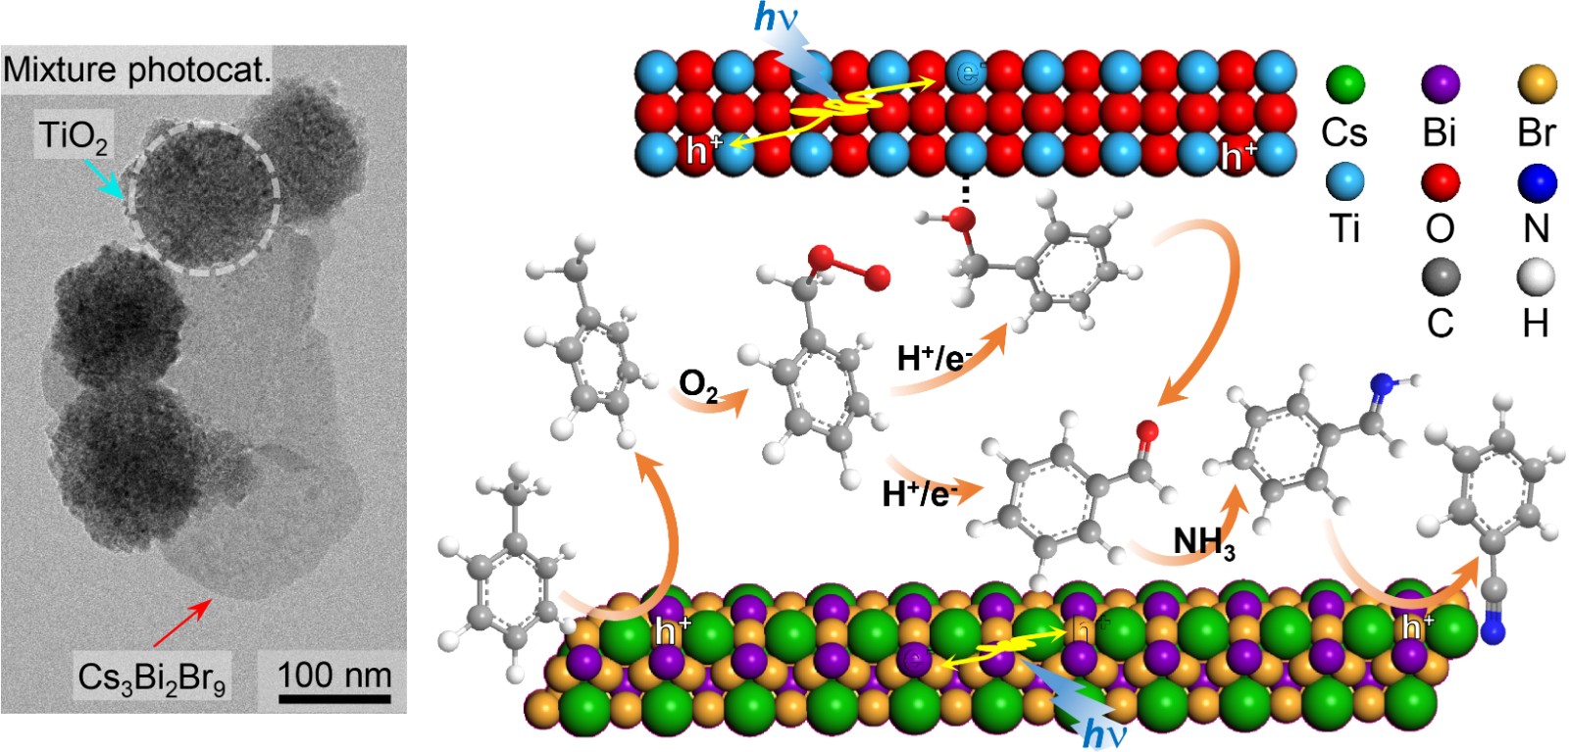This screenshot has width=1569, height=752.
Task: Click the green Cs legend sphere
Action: click(x=1344, y=84)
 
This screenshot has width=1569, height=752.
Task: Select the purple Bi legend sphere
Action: click(x=1440, y=84)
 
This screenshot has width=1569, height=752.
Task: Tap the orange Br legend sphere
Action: click(x=1536, y=84)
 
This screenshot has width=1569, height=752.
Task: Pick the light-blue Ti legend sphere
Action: click(x=1344, y=181)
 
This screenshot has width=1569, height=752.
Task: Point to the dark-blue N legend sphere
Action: click(x=1536, y=181)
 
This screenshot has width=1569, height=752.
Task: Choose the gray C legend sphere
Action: click(x=1440, y=277)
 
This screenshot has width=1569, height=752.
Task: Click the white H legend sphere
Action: click(x=1536, y=277)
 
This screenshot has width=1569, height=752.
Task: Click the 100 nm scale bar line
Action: click(x=334, y=699)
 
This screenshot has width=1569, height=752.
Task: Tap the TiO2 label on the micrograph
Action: click(x=73, y=135)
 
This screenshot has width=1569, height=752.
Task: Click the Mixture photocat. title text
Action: click(x=136, y=69)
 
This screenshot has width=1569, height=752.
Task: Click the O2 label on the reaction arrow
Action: click(x=697, y=385)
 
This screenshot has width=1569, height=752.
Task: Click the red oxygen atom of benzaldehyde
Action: click(x=1146, y=429)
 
